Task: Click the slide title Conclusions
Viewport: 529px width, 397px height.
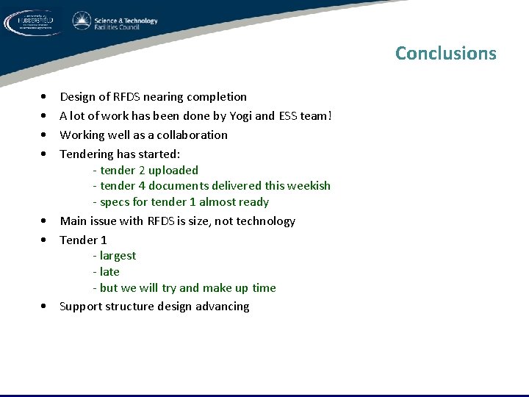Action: pyautogui.click(x=445, y=54)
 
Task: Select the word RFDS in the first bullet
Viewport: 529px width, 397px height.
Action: pyautogui.click(x=126, y=97)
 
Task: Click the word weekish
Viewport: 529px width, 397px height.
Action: pyautogui.click(x=308, y=187)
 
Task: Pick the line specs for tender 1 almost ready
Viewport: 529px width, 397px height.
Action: pyautogui.click(x=181, y=202)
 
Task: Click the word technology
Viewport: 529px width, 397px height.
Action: pyautogui.click(x=267, y=221)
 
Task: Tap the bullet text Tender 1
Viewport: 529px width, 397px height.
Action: pyautogui.click(x=83, y=240)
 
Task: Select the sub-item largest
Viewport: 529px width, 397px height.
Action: pyautogui.click(x=115, y=256)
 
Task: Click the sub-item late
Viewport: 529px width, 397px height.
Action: pyautogui.click(x=107, y=272)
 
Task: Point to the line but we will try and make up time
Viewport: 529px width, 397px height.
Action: pyautogui.click(x=184, y=288)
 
